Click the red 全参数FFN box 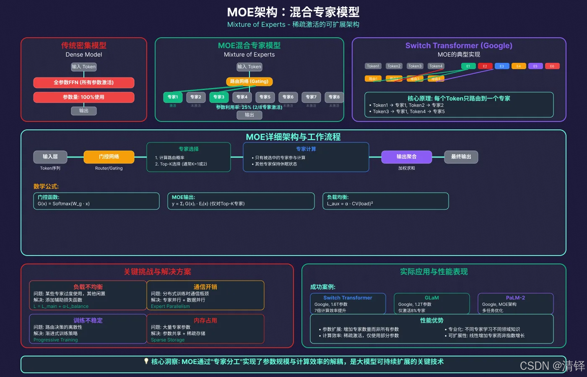tap(84, 83)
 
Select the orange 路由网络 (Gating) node tap(249, 81)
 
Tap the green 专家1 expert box tap(173, 97)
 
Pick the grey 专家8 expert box tap(334, 97)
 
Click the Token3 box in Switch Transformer tap(415, 66)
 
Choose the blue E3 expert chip tap(502, 66)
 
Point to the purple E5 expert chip tap(535, 66)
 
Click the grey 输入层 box tap(50, 157)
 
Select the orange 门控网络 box tap(109, 157)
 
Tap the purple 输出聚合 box tap(407, 157)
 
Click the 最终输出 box tap(461, 157)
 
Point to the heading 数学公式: tap(46, 186)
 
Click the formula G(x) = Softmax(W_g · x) tap(64, 204)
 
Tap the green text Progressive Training tap(56, 340)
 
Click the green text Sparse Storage tap(168, 340)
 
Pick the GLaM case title tap(432, 298)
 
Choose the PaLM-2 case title tap(515, 298)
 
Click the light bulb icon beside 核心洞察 tap(146, 361)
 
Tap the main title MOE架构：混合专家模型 tap(293, 12)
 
